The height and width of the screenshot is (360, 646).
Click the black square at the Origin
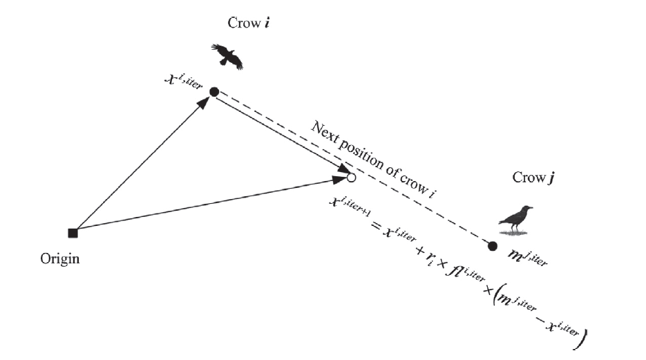click(x=73, y=233)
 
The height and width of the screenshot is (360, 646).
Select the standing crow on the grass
click(x=517, y=218)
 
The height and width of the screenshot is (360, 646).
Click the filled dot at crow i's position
click(x=213, y=92)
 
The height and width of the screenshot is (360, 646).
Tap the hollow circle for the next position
click(x=351, y=178)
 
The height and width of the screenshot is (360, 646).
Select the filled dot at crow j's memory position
click(x=493, y=246)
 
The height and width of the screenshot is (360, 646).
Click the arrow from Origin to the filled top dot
click(x=142, y=164)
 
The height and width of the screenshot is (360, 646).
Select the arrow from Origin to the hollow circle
click(x=207, y=205)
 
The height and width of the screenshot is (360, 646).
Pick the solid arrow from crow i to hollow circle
click(x=280, y=135)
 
